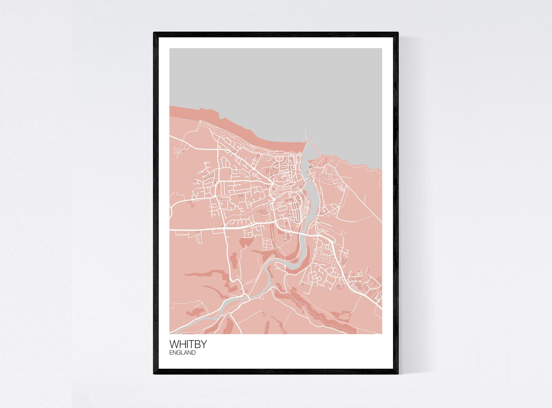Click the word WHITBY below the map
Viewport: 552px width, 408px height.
click(x=188, y=344)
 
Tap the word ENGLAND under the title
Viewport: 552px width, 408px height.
click(x=182, y=353)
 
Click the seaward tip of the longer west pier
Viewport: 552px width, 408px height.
click(x=306, y=131)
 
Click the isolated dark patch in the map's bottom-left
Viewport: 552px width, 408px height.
click(x=195, y=312)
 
